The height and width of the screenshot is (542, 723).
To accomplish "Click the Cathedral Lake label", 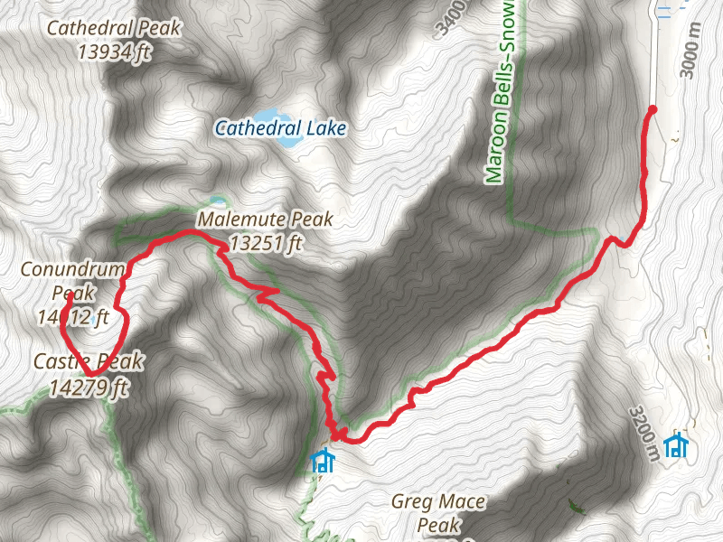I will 280,129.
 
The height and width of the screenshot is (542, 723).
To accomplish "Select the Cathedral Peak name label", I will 114,28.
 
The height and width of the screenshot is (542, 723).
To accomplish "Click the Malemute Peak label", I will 265,220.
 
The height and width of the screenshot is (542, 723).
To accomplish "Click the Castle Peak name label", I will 89,362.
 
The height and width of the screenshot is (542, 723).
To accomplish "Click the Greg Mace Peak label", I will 439,512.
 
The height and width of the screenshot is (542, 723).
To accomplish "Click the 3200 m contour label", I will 643,432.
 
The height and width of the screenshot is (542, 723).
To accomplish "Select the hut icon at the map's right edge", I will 675,445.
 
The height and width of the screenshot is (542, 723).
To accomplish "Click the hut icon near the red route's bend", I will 321,462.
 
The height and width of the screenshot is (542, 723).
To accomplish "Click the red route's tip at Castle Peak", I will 91,372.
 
